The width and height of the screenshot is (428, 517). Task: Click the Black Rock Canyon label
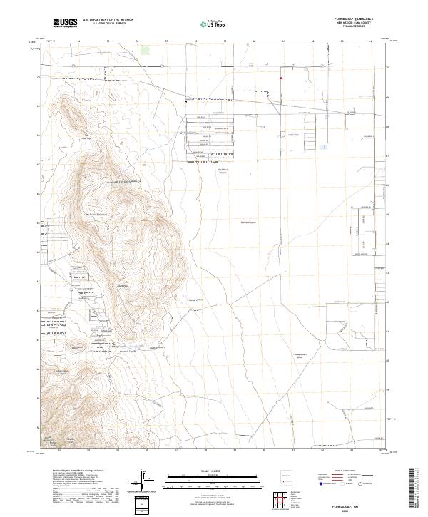[x=223, y=170]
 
